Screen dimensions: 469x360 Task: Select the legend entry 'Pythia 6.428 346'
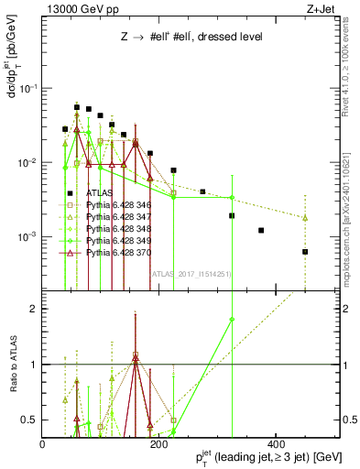pyautogui.click(x=111, y=205)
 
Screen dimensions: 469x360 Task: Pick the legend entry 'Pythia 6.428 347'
pyautogui.click(x=111, y=217)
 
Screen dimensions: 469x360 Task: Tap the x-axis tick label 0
pyautogui.click(x=43, y=444)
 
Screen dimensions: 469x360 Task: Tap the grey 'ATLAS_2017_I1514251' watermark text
pyautogui.click(x=191, y=273)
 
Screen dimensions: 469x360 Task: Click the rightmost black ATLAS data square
pyautogui.click(x=305, y=252)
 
